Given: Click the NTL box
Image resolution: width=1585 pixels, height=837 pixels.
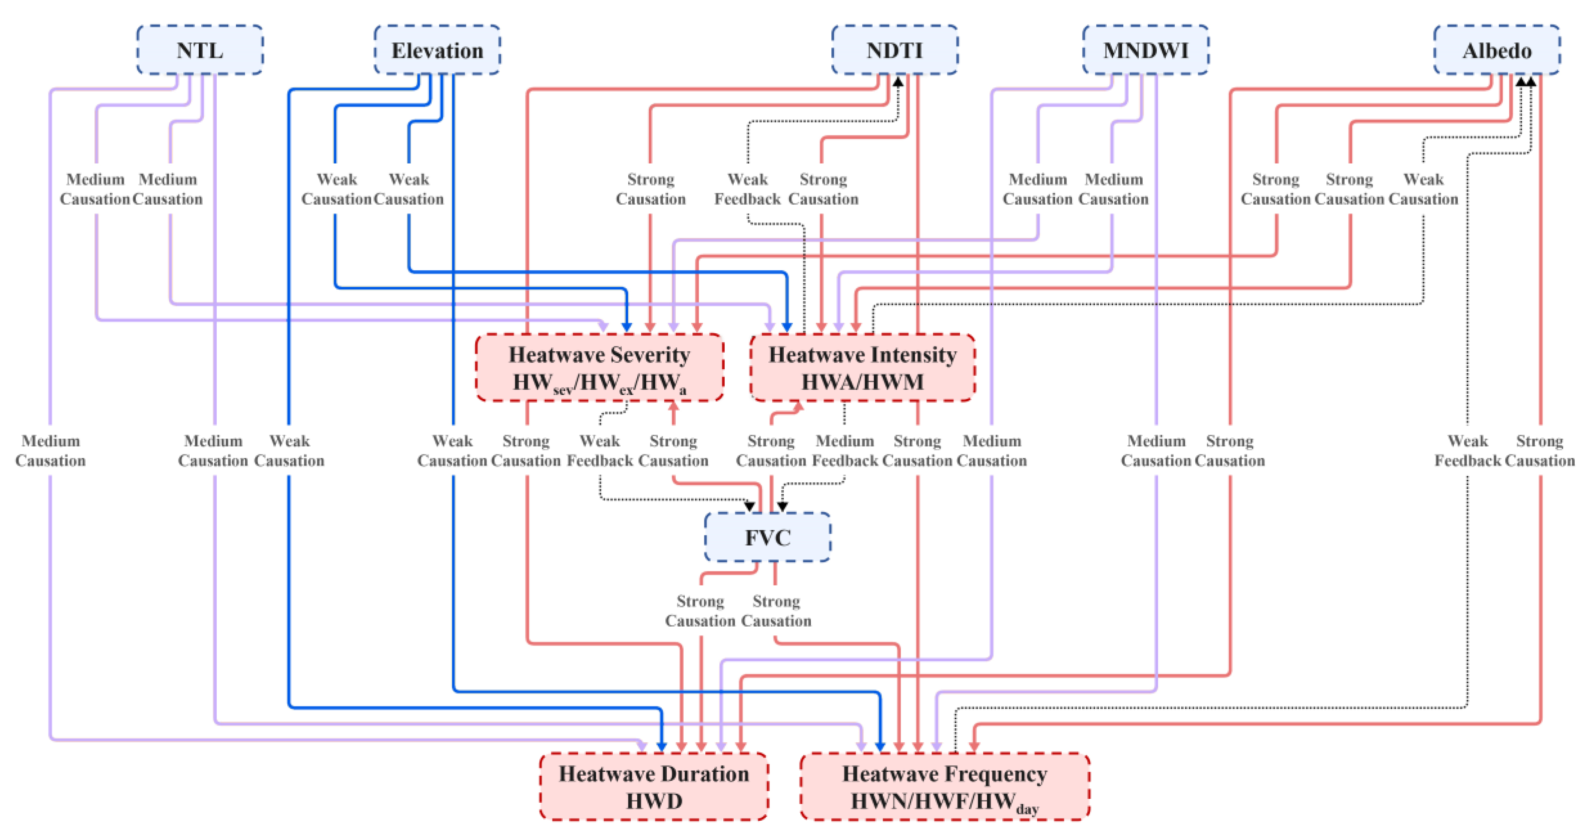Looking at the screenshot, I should click(200, 50).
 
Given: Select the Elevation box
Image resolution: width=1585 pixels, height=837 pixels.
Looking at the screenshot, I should click(437, 50).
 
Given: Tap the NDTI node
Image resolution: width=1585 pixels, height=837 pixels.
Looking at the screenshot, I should click(895, 50).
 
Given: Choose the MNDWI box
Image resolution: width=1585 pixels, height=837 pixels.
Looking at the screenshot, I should click(1146, 50).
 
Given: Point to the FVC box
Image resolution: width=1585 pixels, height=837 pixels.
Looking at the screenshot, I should click(767, 537).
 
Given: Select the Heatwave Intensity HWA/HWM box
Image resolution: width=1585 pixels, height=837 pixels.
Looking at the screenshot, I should click(862, 368).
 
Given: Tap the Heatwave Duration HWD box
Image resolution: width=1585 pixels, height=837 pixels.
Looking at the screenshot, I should click(654, 786).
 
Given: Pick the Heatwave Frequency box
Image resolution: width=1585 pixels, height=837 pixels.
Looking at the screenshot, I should click(944, 786).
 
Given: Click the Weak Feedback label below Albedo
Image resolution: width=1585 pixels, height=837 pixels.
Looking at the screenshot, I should click(1468, 451).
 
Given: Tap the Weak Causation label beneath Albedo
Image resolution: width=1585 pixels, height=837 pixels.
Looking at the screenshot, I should click(1423, 189).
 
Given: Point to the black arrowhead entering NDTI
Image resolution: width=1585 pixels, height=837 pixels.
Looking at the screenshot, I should click(898, 81).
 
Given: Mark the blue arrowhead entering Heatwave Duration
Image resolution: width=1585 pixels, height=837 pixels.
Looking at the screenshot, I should click(661, 746).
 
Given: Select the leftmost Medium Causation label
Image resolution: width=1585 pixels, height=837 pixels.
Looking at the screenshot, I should click(51, 451).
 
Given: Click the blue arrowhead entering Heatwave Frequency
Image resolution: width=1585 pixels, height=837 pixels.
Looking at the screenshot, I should click(881, 746).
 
